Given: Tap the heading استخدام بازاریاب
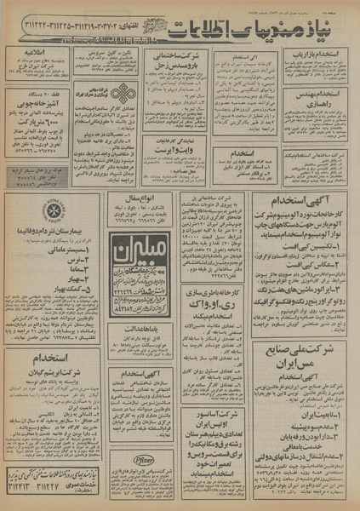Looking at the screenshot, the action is click(319, 54).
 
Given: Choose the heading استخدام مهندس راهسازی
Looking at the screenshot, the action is click(319, 102).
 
